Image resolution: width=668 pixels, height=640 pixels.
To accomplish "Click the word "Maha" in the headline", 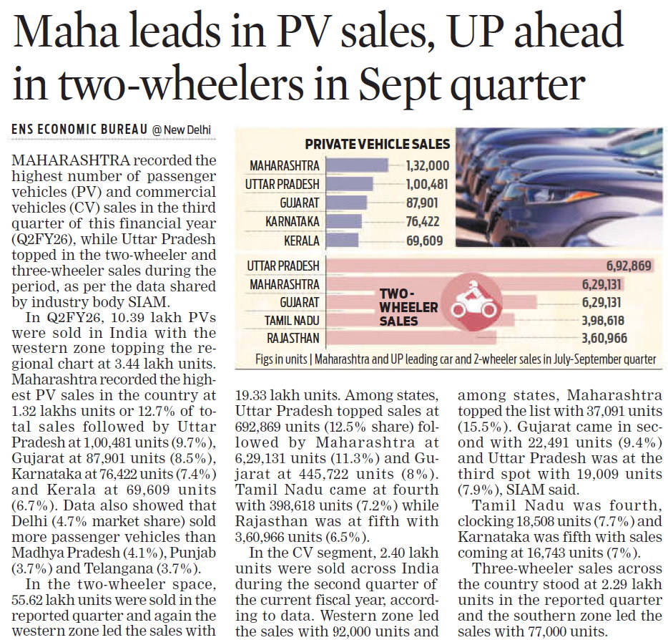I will coord(68,35).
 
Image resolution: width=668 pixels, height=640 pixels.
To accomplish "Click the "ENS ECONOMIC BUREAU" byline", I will coord(80,130).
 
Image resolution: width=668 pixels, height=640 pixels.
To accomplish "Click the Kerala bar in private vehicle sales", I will coord(343,241).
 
